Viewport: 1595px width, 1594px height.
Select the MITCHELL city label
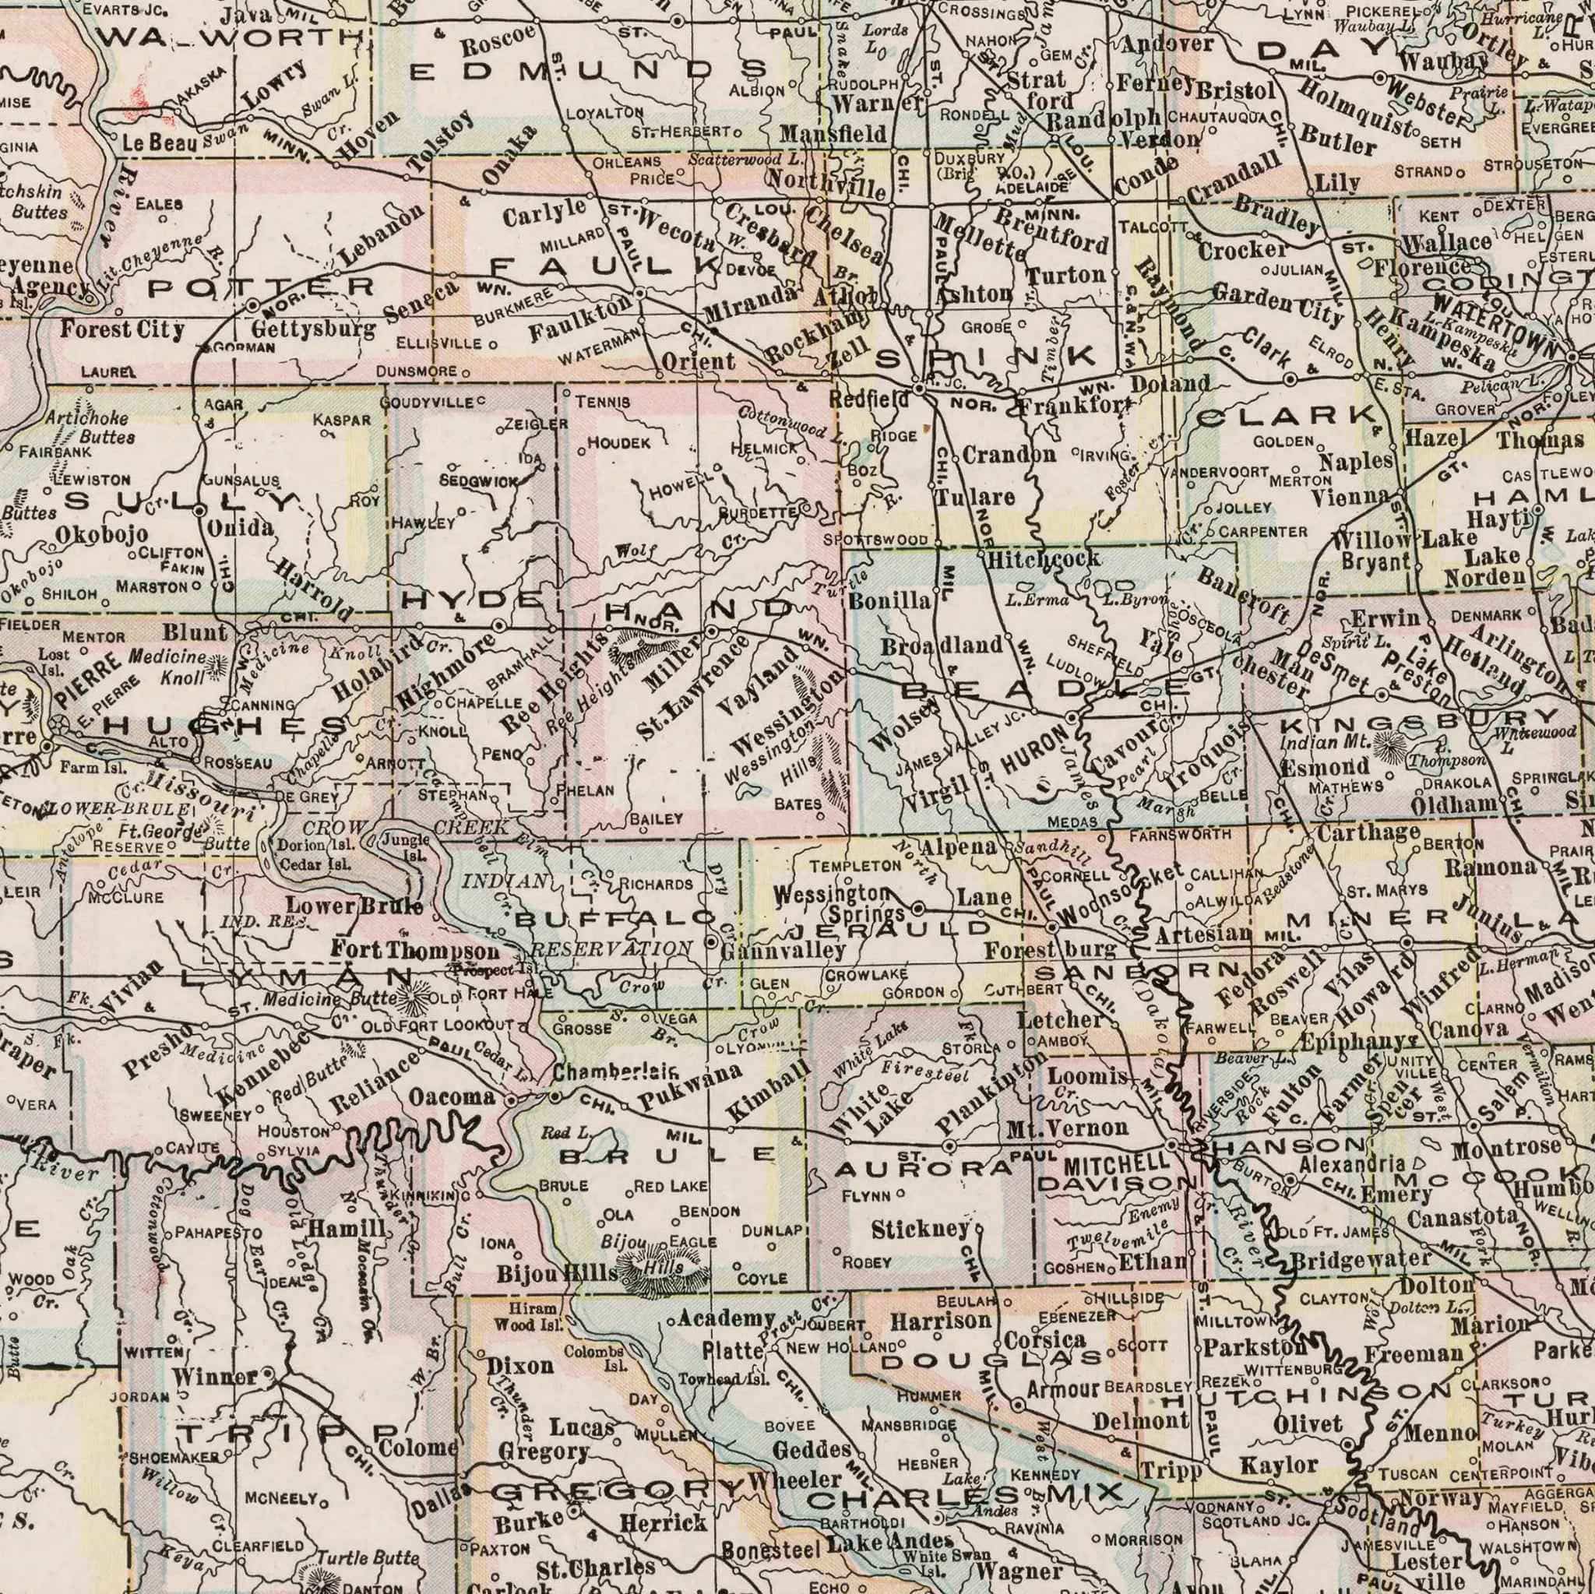point(1115,1163)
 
